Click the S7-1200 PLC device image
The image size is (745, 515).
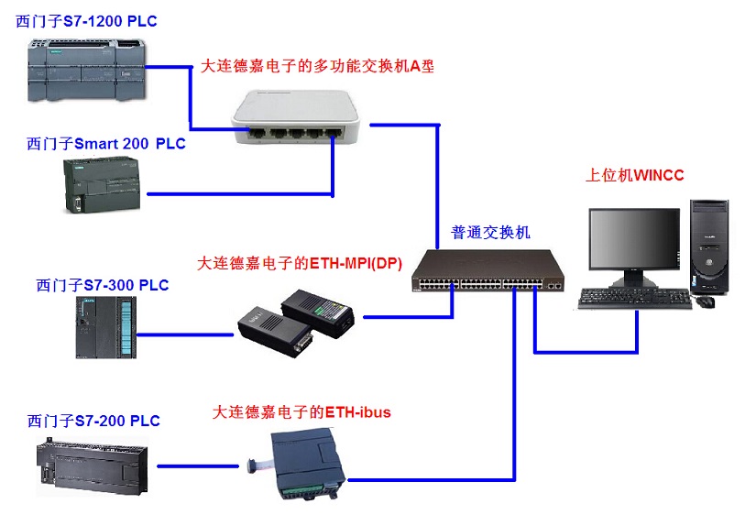(86, 69)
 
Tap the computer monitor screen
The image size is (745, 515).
(633, 241)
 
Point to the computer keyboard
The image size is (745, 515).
(634, 298)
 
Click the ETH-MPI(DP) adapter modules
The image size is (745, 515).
(299, 319)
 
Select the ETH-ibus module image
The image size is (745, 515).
(309, 462)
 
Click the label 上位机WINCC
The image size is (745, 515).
(635, 175)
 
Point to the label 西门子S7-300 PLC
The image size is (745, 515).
(103, 285)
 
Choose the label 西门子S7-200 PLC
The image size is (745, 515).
(94, 421)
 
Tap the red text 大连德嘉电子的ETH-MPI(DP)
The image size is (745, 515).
(300, 263)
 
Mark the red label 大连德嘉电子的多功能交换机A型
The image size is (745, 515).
(317, 66)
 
